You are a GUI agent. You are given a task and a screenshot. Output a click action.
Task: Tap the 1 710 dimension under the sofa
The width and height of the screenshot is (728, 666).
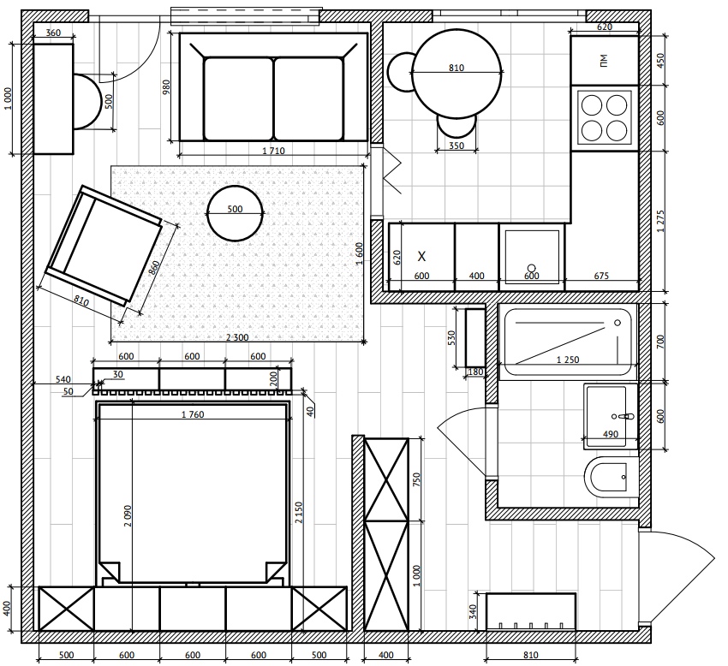pyautogui.click(x=273, y=151)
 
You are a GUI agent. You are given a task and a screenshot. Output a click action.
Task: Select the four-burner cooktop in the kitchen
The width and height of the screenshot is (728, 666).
pyautogui.click(x=604, y=118)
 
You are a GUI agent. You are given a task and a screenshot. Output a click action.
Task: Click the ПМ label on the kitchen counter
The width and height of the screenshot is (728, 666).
pyautogui.click(x=603, y=60)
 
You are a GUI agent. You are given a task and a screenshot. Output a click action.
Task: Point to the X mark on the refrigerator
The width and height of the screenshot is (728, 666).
pyautogui.click(x=421, y=256)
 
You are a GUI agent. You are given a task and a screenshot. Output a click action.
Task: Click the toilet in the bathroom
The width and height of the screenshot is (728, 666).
pyautogui.click(x=612, y=477)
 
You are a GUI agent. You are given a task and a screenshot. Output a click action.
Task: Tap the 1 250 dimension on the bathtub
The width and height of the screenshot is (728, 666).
pyautogui.click(x=568, y=360)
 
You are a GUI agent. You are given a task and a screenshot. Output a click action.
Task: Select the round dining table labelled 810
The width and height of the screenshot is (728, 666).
pyautogui.click(x=456, y=74)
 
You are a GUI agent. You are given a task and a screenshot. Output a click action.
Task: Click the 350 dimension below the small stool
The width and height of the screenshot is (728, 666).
pyautogui.click(x=456, y=146)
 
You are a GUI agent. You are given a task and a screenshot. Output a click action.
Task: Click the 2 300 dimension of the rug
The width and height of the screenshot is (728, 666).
pyautogui.click(x=237, y=338)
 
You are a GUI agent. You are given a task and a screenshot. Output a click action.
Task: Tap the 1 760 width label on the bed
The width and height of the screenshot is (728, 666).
pyautogui.click(x=193, y=415)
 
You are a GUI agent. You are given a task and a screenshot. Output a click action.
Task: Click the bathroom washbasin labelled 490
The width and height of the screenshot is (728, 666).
pyautogui.click(x=611, y=416)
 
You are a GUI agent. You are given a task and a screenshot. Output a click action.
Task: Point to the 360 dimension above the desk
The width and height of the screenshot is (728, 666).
pyautogui.click(x=53, y=33)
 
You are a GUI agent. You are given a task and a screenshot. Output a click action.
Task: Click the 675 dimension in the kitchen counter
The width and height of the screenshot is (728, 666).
pyautogui.click(x=601, y=277)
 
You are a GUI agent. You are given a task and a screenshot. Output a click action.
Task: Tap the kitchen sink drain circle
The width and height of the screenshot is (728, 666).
pyautogui.click(x=532, y=268)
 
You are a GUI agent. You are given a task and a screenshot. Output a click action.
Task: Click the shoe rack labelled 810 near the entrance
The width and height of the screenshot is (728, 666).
pyautogui.click(x=531, y=612)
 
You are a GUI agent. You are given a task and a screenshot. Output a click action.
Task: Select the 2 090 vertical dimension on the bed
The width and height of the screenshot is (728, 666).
pyautogui.click(x=128, y=515)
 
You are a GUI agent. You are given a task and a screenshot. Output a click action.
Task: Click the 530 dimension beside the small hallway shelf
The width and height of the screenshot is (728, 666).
pyautogui.click(x=451, y=338)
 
